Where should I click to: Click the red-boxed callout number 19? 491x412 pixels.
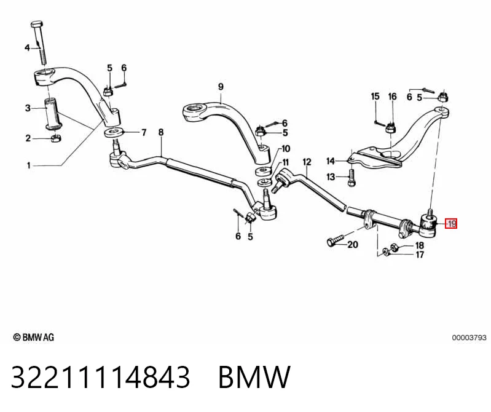point(451,224)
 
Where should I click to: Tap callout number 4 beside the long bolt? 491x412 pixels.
point(27,48)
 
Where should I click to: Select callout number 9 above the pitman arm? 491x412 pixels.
point(221,87)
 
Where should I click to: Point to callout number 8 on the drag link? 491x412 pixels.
point(160,132)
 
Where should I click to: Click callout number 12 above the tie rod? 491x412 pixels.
point(307,162)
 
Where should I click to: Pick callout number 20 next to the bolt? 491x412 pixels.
point(353,244)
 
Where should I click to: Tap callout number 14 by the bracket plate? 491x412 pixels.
point(331,161)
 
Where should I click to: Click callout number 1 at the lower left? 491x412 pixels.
point(29,165)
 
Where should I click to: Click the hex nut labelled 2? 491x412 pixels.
point(55,138)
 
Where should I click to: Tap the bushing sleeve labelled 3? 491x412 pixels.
point(53,114)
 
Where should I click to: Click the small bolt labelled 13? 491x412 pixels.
point(352,178)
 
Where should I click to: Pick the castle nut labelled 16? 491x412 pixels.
point(390,127)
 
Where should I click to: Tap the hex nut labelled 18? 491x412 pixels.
point(395,247)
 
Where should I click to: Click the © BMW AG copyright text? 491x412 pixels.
point(34,337)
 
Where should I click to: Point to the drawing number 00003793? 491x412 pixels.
point(469,338)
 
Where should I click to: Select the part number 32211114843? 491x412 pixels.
point(100,377)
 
